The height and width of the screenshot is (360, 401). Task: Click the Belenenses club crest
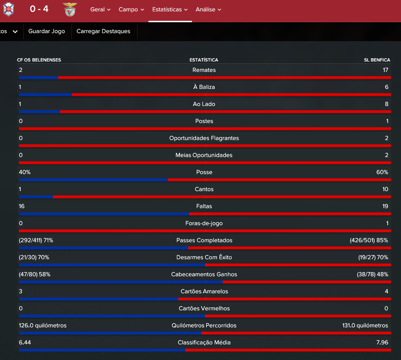[9, 9]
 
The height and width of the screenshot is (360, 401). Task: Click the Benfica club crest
[70, 9]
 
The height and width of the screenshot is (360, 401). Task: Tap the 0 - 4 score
[39, 9]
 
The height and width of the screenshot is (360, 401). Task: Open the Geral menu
[100, 9]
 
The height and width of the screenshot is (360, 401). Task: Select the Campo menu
[131, 9]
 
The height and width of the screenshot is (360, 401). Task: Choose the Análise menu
[208, 9]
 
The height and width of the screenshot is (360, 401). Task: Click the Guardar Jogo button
[46, 31]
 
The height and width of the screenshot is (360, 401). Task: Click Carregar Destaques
[103, 31]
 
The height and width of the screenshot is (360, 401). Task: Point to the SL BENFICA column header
[377, 60]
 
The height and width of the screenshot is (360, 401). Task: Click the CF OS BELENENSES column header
[39, 60]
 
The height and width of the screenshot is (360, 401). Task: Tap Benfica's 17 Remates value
[385, 70]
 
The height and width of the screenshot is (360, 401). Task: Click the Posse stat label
[204, 172]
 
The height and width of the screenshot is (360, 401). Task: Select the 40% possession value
[25, 172]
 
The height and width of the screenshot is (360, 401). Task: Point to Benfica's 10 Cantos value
[385, 189]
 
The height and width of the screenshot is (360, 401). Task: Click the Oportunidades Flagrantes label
[204, 138]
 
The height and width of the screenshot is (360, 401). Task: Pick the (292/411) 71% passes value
[36, 240]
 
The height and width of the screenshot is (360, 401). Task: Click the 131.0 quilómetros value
[365, 325]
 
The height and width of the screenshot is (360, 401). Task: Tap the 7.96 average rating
[382, 342]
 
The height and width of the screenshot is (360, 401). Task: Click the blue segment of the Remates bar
[39, 78]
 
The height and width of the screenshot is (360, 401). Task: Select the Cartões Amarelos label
[204, 291]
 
